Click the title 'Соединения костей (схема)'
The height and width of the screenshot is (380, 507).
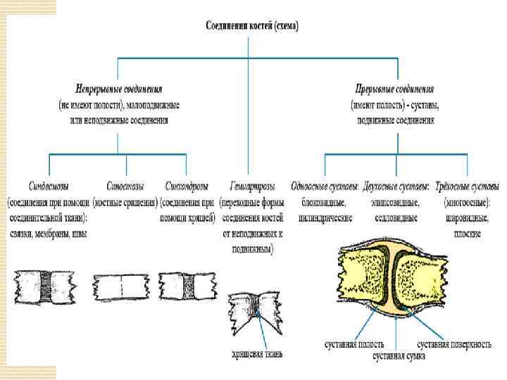click(x=251, y=26)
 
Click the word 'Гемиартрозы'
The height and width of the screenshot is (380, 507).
click(x=251, y=186)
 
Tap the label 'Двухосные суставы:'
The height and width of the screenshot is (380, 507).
click(x=395, y=186)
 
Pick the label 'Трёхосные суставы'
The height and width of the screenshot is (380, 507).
click(x=466, y=186)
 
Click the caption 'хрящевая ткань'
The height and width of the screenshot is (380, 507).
click(x=256, y=354)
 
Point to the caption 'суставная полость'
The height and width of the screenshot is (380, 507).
click(x=354, y=344)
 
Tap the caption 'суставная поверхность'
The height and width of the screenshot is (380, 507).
click(x=454, y=344)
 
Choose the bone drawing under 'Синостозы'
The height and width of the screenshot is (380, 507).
click(x=119, y=287)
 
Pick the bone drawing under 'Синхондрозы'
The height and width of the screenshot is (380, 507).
click(x=186, y=287)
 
